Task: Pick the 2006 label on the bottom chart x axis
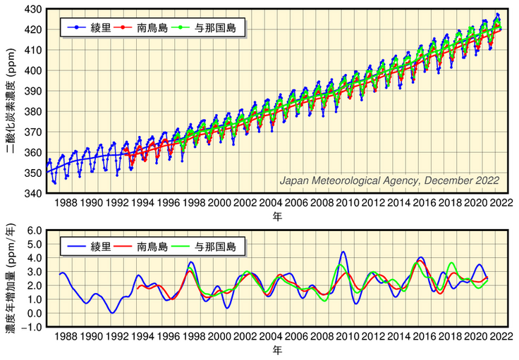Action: click(295, 337)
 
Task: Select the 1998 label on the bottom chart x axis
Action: click(193, 337)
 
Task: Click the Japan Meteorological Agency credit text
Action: click(389, 181)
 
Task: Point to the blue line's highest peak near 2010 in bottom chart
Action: click(343, 252)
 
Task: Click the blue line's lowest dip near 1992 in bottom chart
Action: click(112, 312)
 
